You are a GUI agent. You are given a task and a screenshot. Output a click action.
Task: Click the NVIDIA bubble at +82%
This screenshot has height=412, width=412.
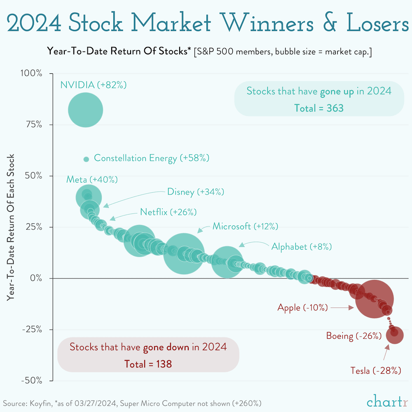click(85, 110)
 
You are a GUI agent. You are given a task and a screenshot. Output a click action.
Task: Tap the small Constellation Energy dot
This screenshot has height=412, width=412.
click(86, 159)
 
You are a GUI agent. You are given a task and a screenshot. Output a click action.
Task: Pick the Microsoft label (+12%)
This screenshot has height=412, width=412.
click(245, 226)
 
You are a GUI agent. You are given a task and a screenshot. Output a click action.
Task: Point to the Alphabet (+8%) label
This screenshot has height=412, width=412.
click(301, 247)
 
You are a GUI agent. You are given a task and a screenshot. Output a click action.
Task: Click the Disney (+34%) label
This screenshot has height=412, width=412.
click(195, 192)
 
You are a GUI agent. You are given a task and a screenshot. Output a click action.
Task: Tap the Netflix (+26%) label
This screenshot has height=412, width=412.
click(168, 212)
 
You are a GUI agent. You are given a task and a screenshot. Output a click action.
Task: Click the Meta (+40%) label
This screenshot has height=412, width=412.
click(92, 180)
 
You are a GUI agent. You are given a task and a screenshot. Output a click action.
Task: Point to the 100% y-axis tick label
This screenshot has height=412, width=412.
click(31, 74)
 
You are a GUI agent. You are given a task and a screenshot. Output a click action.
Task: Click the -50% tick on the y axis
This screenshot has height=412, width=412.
click(31, 380)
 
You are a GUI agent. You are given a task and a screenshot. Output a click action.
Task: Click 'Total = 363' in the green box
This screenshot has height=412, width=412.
click(318, 108)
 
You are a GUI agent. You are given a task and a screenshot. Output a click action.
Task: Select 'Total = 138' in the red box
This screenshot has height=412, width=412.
click(148, 364)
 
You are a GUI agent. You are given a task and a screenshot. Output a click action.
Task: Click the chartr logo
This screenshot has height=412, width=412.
click(383, 401)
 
